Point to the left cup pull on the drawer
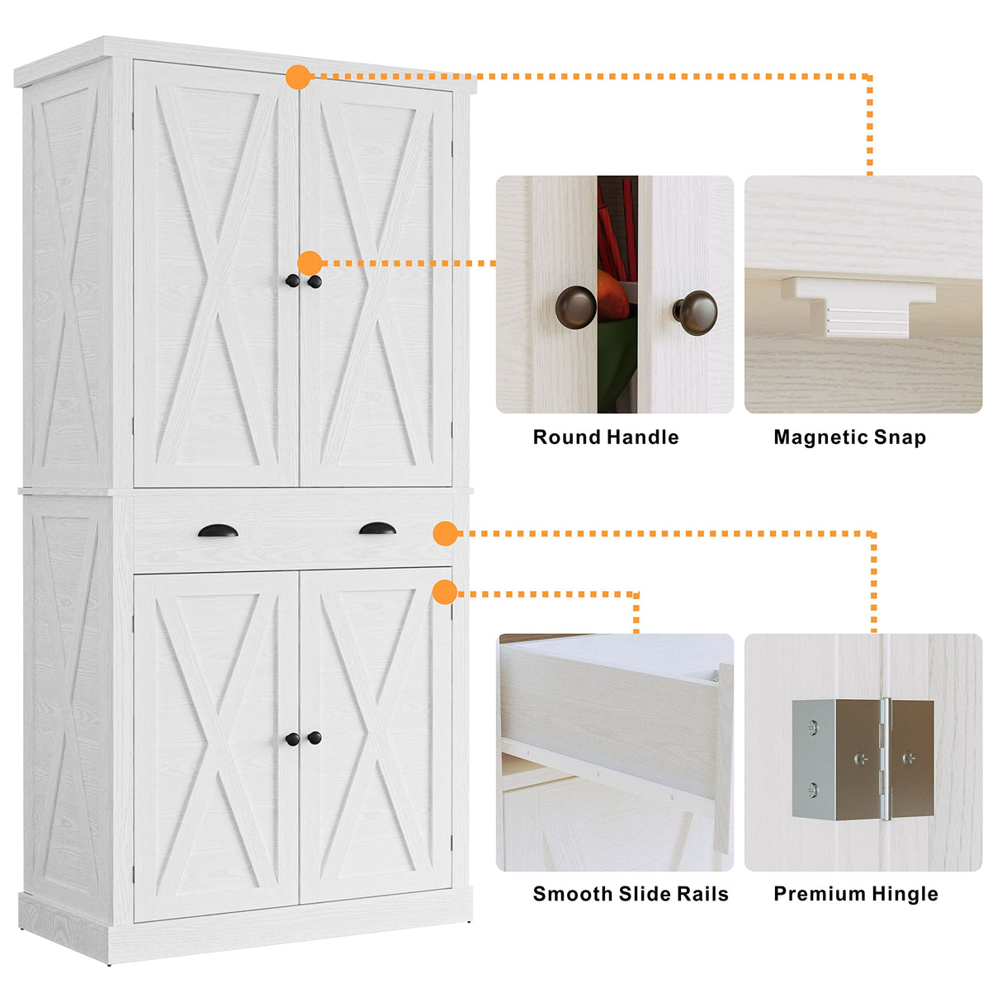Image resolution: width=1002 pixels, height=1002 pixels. (x=218, y=531)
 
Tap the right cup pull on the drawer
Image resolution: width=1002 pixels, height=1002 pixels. (x=377, y=528)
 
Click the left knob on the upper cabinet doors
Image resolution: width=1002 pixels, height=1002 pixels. (x=292, y=281)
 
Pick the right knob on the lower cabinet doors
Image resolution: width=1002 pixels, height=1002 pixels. (x=314, y=738)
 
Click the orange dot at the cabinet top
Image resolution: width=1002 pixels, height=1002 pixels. (x=298, y=78)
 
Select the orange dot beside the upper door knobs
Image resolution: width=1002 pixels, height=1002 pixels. (x=310, y=263)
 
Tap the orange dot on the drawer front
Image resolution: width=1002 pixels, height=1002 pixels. (x=445, y=533)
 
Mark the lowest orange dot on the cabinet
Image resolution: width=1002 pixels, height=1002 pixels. (x=445, y=592)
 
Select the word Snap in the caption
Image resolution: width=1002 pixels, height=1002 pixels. (x=902, y=437)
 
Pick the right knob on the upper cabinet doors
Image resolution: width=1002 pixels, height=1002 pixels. (x=314, y=281)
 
